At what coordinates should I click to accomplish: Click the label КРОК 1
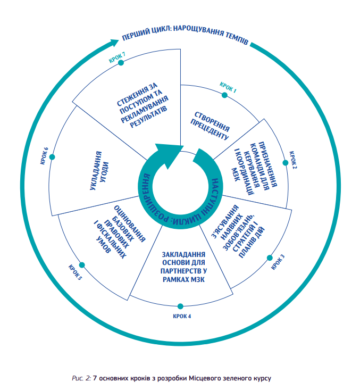[227, 87]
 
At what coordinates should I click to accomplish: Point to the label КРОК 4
[181, 317]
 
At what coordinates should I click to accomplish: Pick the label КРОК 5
[75, 271]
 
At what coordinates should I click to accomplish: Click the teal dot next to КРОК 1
[224, 95]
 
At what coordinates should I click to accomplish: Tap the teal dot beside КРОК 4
[180, 306]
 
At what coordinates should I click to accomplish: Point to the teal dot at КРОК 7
[121, 63]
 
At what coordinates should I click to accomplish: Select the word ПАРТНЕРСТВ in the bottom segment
[182, 270]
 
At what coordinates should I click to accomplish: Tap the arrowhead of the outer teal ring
[114, 41]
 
